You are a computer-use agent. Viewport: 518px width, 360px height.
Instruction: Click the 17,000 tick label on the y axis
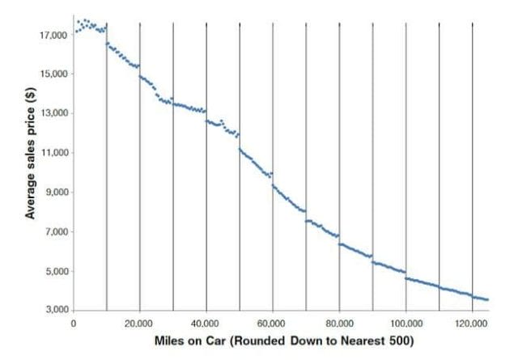click(x=53, y=36)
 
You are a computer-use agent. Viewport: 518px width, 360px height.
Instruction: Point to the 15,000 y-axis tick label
click(x=53, y=74)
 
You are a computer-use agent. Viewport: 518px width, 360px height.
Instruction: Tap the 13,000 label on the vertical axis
click(x=53, y=113)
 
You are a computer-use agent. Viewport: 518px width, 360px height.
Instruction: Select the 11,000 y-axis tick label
click(x=53, y=153)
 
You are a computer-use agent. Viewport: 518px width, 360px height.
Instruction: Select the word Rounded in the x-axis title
click(x=257, y=340)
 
